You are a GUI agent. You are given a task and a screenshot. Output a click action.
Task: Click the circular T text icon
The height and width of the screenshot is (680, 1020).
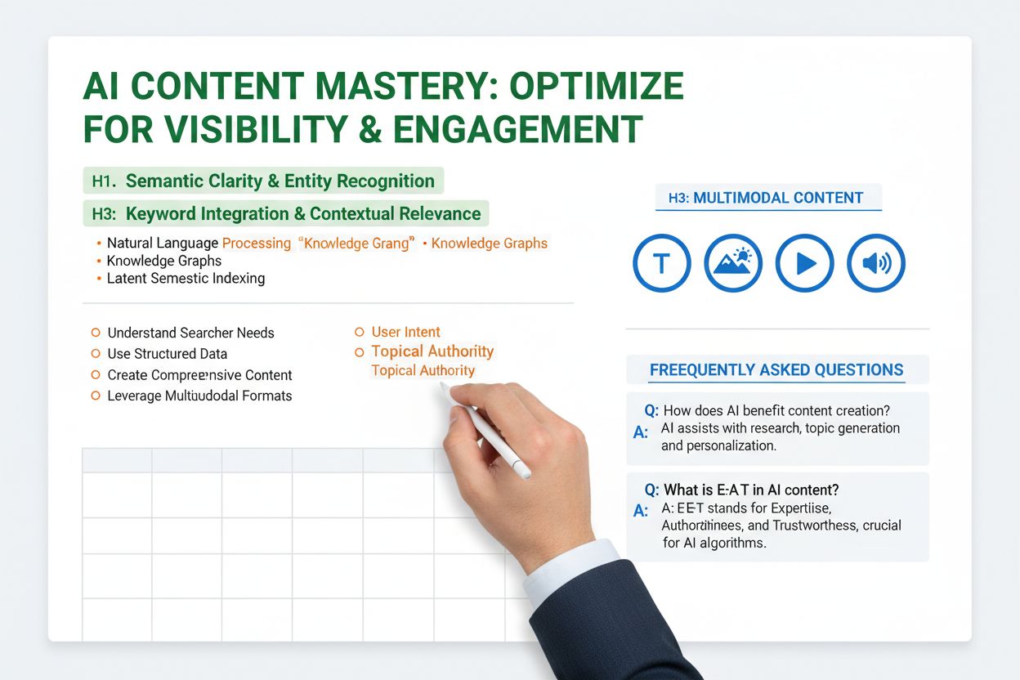click(x=661, y=263)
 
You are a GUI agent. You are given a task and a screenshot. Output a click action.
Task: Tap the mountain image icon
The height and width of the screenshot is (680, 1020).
click(x=733, y=263)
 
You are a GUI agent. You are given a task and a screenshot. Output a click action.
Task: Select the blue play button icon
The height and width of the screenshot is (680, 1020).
click(x=804, y=263)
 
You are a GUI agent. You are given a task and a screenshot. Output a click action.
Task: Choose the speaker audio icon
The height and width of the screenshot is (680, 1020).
click(x=876, y=263)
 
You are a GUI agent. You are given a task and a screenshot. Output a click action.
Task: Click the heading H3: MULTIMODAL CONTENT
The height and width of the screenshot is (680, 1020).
click(x=766, y=198)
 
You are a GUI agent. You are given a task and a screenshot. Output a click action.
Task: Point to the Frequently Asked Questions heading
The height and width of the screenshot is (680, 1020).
click(x=776, y=370)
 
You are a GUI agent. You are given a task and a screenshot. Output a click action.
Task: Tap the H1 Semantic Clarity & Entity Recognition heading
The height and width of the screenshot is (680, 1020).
click(x=263, y=181)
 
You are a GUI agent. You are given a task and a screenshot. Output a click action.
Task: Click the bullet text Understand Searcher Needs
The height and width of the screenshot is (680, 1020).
click(x=190, y=333)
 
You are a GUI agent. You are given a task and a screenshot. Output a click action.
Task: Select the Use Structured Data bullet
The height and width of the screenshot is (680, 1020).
click(x=167, y=354)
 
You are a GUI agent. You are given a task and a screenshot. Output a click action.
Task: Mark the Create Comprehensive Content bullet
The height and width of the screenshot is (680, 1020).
click(x=199, y=375)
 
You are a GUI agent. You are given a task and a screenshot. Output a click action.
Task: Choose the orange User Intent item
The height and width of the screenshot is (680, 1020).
click(x=405, y=332)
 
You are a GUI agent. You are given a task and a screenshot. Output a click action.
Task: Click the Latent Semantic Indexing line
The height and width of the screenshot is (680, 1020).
click(x=186, y=279)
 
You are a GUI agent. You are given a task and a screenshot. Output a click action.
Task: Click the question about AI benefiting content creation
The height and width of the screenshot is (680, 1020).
click(x=776, y=410)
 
